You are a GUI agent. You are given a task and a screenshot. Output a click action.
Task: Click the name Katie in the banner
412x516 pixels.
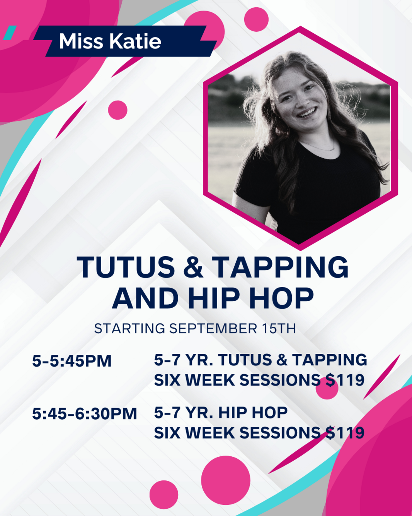pos(135,41)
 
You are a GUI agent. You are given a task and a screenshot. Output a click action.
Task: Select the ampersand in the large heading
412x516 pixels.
pos(193,267)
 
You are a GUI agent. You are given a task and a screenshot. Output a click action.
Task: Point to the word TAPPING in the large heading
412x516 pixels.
pos(280,267)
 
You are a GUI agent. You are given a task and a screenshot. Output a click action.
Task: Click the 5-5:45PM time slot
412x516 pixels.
pos(72,361)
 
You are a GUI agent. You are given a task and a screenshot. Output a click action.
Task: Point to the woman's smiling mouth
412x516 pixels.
pos(307,113)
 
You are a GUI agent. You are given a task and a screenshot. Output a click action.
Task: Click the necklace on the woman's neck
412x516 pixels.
pos(321,146)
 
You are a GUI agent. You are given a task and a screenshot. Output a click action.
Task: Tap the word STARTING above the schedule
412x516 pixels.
pos(129,329)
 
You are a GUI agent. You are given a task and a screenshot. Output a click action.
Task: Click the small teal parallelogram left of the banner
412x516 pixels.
pos(10,33)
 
